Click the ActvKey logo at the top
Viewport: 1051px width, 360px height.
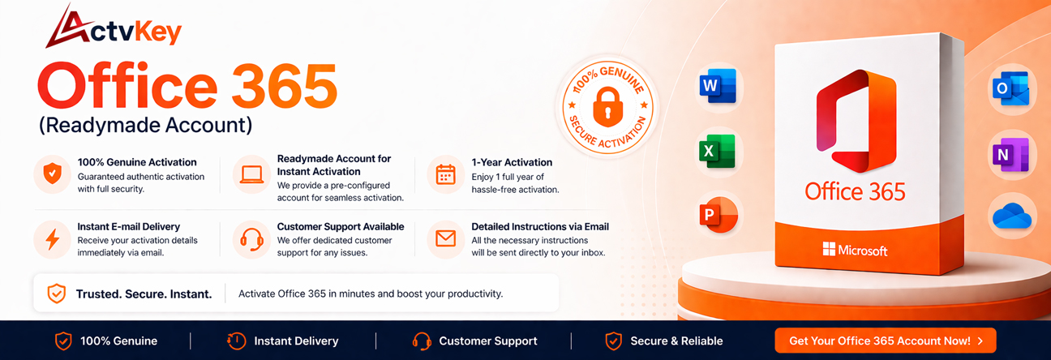(114, 29)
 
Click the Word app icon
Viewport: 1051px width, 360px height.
(717, 86)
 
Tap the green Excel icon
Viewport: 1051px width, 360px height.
(717, 152)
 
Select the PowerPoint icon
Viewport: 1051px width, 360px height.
(717, 215)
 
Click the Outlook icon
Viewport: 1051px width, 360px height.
(1010, 88)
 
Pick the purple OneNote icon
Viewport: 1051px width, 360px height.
(1010, 154)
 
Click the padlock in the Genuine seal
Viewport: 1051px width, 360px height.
(607, 105)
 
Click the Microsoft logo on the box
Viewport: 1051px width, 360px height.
(829, 249)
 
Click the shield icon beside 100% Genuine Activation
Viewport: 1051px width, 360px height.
(53, 174)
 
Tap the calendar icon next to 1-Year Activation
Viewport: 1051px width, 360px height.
(446, 174)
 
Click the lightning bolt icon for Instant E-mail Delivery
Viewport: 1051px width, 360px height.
(53, 239)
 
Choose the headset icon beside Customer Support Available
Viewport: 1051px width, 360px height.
(251, 239)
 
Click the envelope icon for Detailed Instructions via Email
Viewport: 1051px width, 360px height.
(446, 239)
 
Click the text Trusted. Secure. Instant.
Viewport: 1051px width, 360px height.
(144, 294)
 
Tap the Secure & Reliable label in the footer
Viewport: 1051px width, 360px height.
(676, 341)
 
